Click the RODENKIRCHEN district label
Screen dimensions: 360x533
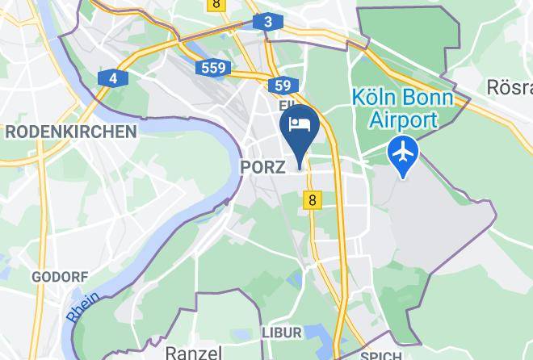coord(70,132)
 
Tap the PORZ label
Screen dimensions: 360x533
coord(262,167)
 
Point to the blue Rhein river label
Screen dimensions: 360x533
coord(83,308)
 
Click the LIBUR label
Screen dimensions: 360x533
coord(281,333)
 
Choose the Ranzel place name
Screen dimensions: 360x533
coord(193,353)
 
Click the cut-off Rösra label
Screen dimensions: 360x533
coord(509,86)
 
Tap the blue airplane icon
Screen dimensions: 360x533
coord(403,152)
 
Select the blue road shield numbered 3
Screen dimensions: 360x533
coord(267,22)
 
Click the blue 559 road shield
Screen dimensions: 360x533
coord(214,68)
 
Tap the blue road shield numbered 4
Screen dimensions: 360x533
coord(114,78)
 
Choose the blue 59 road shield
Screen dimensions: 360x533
coord(282,86)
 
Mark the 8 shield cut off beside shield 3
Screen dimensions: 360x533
coord(216,5)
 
